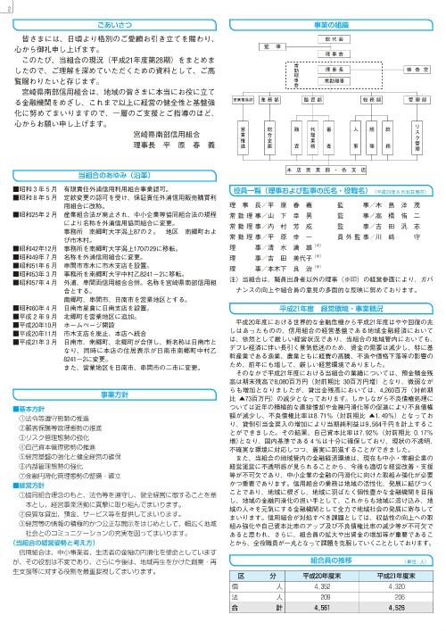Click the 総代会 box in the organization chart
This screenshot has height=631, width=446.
pyautogui.click(x=335, y=41)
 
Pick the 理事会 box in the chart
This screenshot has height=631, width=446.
pyautogui.click(x=335, y=54)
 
